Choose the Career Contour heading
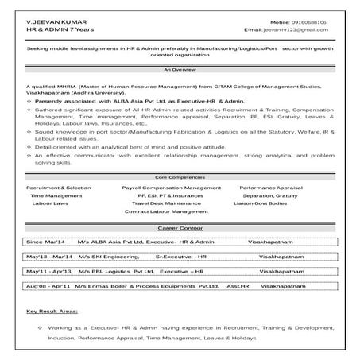point(180,229)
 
